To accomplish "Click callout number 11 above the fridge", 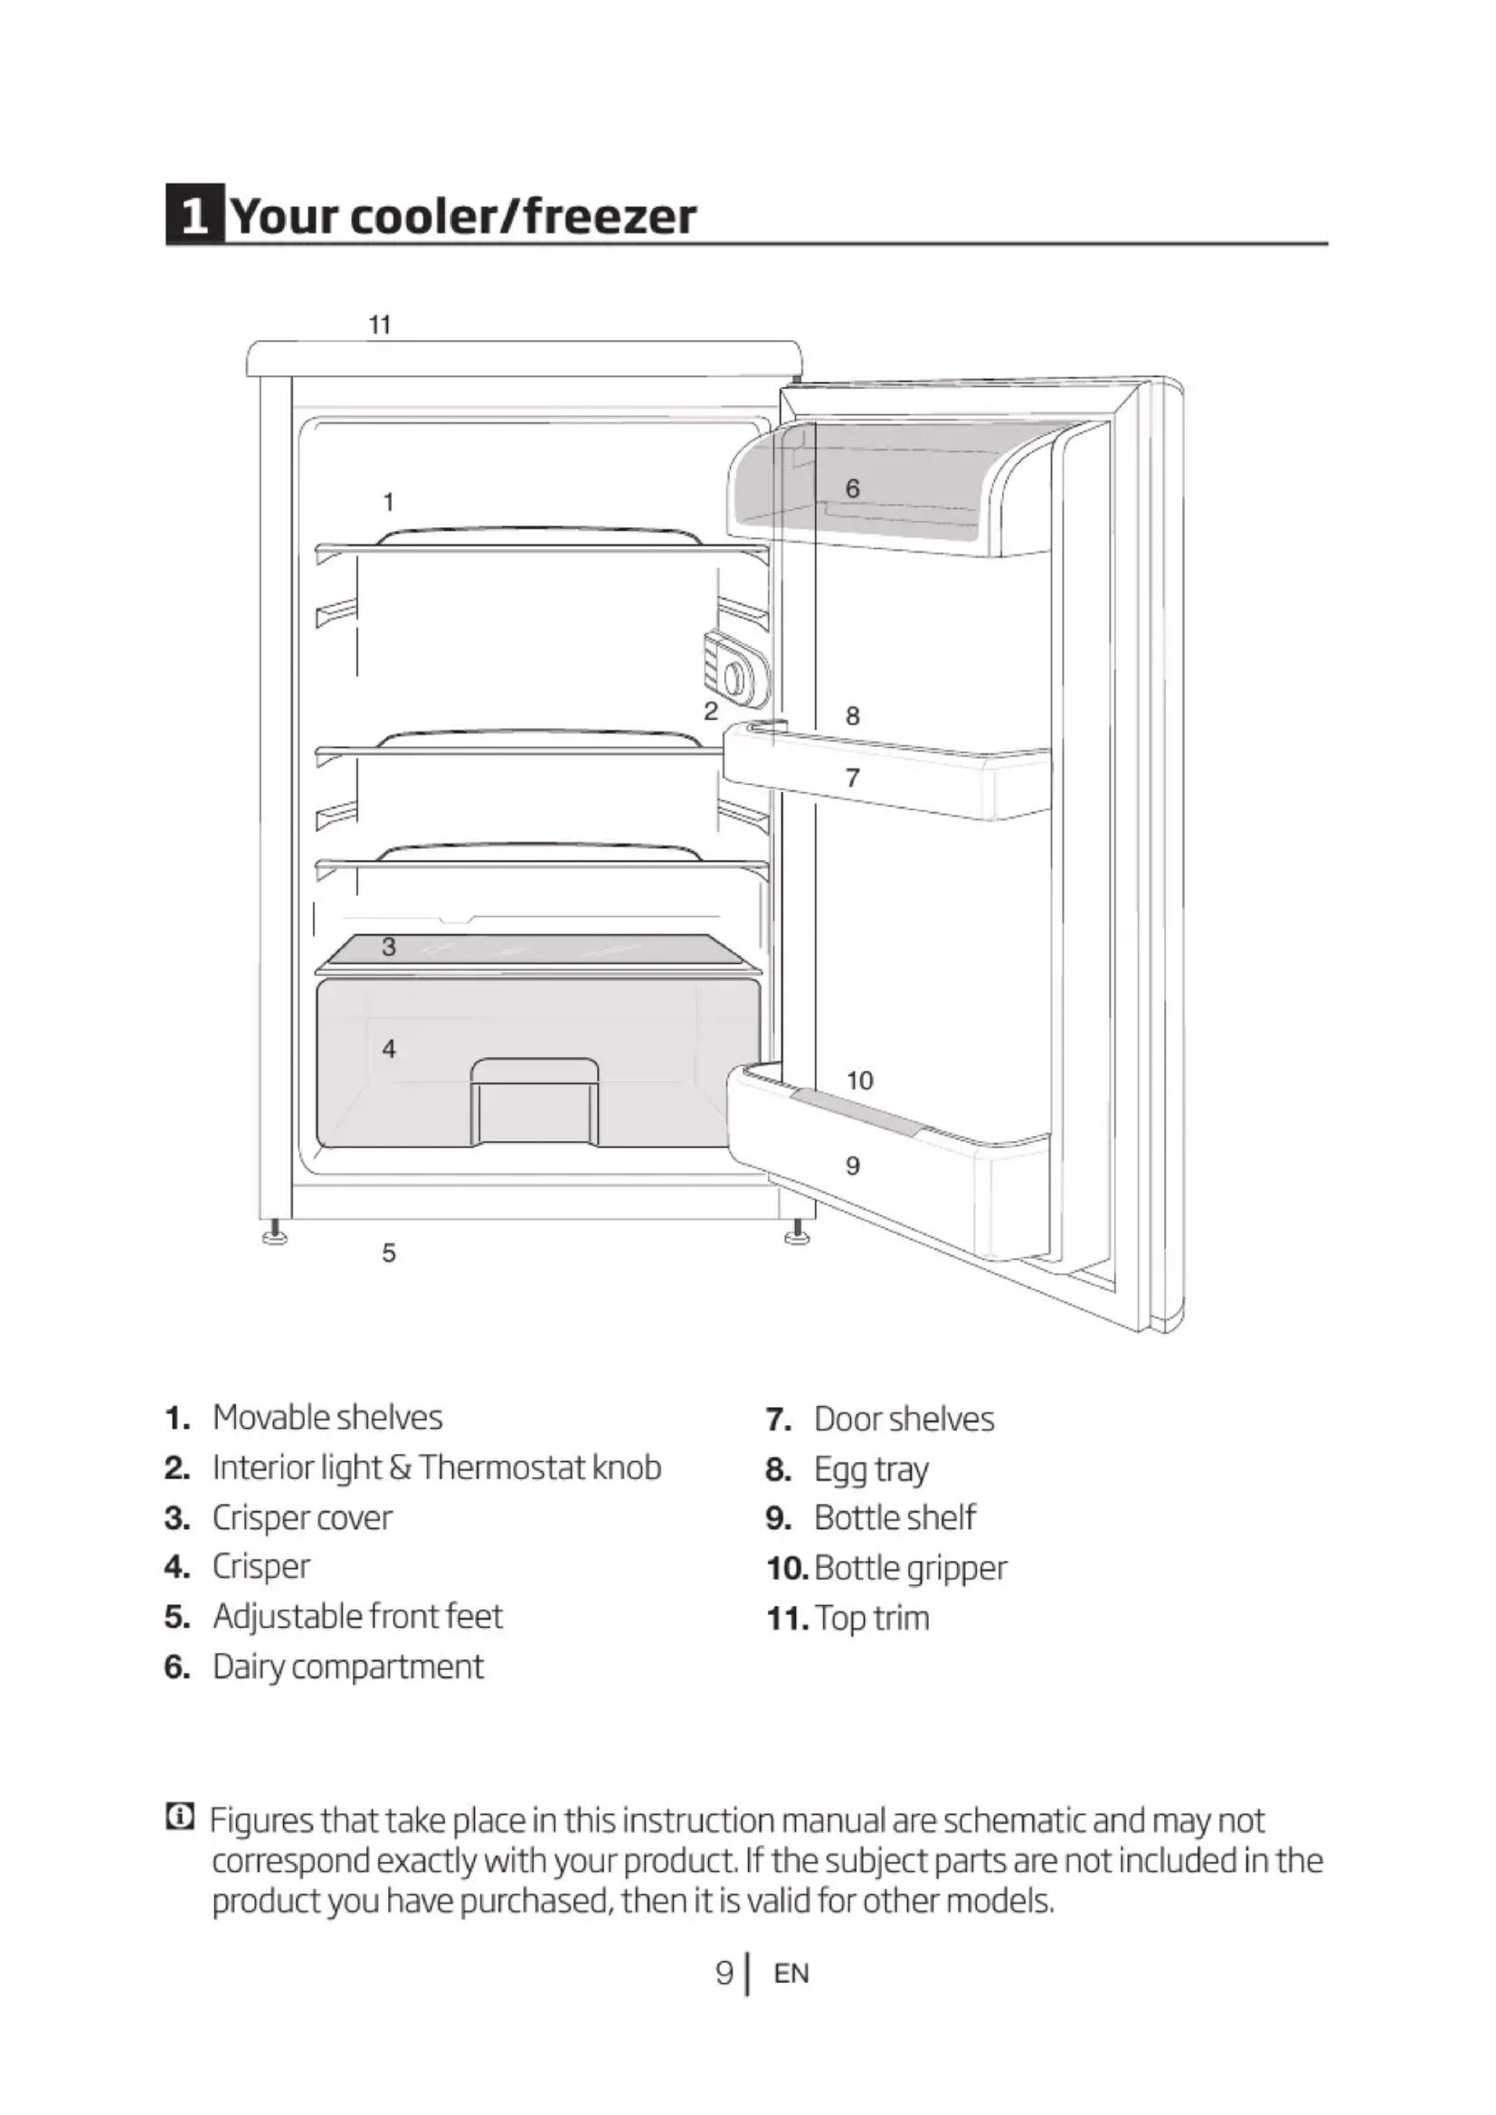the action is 380,325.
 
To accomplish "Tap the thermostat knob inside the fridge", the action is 734,680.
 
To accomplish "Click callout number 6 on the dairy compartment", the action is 852,488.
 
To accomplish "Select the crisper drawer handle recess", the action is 535,1100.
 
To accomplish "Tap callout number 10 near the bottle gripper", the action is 859,1081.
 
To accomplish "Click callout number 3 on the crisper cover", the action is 389,946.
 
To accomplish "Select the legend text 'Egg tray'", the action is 870,1469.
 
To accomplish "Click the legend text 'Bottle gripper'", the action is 910,1568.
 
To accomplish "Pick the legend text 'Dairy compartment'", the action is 347,1667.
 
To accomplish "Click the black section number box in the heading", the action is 194,215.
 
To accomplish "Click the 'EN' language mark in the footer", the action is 791,1973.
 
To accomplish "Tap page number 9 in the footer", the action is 724,1973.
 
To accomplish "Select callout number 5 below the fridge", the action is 389,1252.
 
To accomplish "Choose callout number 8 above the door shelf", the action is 852,716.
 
